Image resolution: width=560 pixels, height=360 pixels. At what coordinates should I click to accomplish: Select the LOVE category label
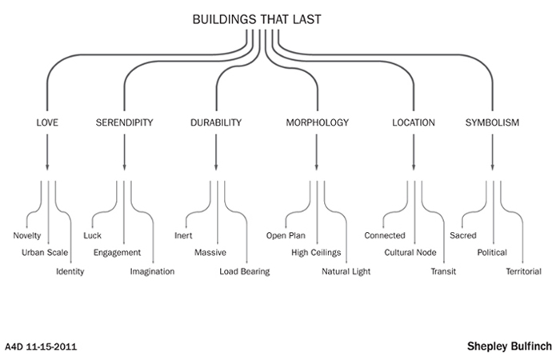click(x=47, y=123)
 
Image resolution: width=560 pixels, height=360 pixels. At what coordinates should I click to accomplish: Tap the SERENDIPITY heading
click(x=124, y=123)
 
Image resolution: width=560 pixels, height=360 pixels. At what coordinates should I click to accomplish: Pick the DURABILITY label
click(x=216, y=123)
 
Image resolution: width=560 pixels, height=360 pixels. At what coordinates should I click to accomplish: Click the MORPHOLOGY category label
click(x=318, y=123)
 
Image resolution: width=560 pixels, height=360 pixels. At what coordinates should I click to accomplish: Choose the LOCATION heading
click(x=414, y=123)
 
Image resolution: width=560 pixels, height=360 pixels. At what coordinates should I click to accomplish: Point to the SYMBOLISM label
click(x=493, y=123)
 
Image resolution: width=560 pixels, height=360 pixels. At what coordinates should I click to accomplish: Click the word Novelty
click(x=27, y=236)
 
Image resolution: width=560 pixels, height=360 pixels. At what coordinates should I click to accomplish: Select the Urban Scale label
click(x=45, y=254)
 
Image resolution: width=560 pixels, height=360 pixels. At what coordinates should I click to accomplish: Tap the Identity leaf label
click(x=70, y=272)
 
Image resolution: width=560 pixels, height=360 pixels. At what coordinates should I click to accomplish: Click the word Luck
click(x=93, y=236)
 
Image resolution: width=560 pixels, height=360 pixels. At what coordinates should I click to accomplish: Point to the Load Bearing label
click(x=245, y=272)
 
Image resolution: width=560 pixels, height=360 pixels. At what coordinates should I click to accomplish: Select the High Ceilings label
click(x=316, y=254)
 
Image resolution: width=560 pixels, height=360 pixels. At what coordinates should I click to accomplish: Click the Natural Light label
click(x=346, y=272)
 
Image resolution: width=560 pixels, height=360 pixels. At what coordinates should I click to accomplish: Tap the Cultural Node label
click(x=410, y=254)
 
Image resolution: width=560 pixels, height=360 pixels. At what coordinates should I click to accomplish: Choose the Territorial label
click(x=524, y=272)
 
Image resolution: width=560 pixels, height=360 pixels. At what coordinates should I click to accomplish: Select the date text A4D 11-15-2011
click(x=41, y=348)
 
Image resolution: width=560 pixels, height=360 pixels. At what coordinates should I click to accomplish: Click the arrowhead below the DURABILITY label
click(x=216, y=166)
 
